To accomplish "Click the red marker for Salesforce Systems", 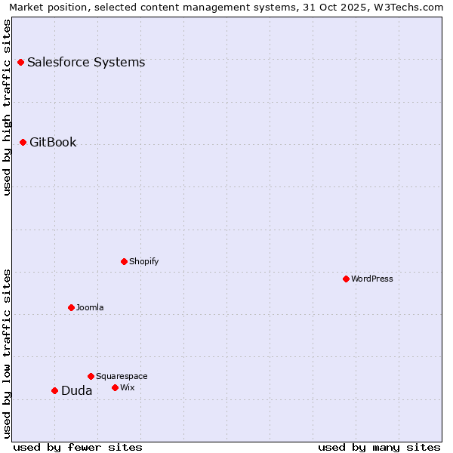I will coord(20,62).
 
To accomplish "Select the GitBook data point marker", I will coord(23,142).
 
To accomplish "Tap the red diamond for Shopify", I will coord(124,261).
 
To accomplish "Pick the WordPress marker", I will coord(346,279).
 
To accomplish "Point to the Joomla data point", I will coord(71,307).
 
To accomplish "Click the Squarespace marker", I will coord(91,376).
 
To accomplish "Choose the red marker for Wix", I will coord(115,387).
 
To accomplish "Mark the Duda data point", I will coord(54,390).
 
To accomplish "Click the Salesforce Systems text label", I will coord(86,62).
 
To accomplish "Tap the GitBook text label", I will coord(53,142).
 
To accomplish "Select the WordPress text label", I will coord(372,279).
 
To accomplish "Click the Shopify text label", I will coord(144,261).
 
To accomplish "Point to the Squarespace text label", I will coord(122,376).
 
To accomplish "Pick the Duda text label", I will coord(77,390).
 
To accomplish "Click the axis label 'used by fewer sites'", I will coord(78,447).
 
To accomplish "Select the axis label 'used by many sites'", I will coord(379,447).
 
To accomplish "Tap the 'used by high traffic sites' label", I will coord(8,107).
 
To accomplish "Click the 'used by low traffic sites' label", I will coord(8,353).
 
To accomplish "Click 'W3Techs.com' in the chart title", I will coord(411,8).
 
